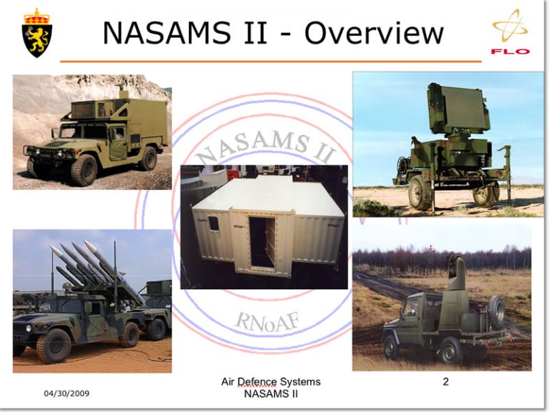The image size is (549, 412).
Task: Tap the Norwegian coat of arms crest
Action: pos(37,32)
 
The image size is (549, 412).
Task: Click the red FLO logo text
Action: pos(510,51)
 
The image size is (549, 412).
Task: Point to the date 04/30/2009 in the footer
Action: pos(66,393)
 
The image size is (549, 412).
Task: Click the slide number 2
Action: pos(445,382)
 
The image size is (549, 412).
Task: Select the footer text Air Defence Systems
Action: pos(271,383)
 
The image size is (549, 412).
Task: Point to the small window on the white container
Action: pos(214,223)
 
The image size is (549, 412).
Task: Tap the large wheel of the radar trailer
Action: pos(420,193)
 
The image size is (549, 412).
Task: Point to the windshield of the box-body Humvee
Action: pos(84,131)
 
